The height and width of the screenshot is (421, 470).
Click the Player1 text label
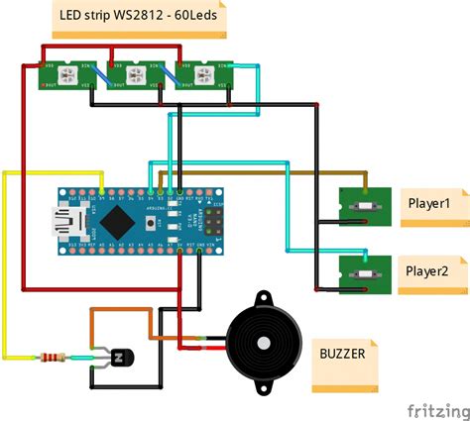pyautogui.click(x=428, y=204)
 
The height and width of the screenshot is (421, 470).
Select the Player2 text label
pyautogui.click(x=428, y=270)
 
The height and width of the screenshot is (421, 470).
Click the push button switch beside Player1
pyautogui.click(x=363, y=205)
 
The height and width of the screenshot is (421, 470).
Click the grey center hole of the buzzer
pyautogui.click(x=264, y=344)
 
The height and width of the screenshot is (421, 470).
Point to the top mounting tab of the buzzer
pyautogui.click(x=264, y=298)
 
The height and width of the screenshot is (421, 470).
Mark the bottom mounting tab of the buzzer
pyautogui.click(x=264, y=388)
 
